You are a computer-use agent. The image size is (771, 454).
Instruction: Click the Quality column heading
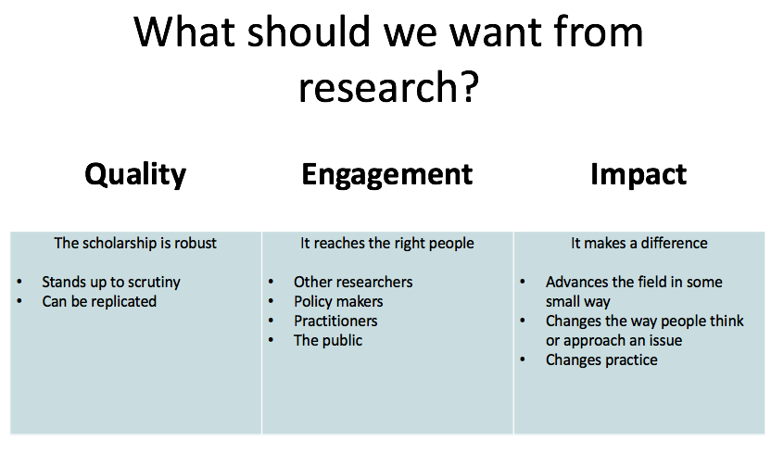click(x=135, y=174)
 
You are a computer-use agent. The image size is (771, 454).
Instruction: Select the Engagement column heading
click(x=387, y=174)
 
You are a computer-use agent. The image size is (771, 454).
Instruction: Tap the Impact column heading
click(x=638, y=174)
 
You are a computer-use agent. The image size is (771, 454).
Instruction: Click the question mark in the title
click(x=470, y=86)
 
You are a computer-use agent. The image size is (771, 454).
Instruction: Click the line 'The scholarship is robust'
click(x=135, y=243)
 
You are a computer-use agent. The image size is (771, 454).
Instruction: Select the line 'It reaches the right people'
click(x=387, y=243)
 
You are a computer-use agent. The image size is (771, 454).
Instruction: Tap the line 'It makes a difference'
click(x=639, y=243)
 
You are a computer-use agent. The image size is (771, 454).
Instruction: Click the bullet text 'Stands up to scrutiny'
click(x=111, y=283)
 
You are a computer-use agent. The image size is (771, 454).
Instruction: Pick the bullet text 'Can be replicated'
click(x=99, y=301)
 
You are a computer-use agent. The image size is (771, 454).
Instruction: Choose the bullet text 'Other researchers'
click(x=353, y=282)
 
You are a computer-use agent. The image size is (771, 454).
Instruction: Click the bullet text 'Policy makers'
click(x=338, y=301)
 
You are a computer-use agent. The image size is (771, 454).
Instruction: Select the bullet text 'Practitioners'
click(x=335, y=322)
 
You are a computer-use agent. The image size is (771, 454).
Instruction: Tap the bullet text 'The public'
click(x=328, y=340)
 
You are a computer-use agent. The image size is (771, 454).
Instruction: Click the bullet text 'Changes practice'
click(x=601, y=360)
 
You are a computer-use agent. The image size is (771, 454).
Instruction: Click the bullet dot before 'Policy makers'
click(x=271, y=301)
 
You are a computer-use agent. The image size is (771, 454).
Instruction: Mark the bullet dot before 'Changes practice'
click(x=523, y=360)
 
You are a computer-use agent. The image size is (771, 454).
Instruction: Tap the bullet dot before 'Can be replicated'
click(x=19, y=301)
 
